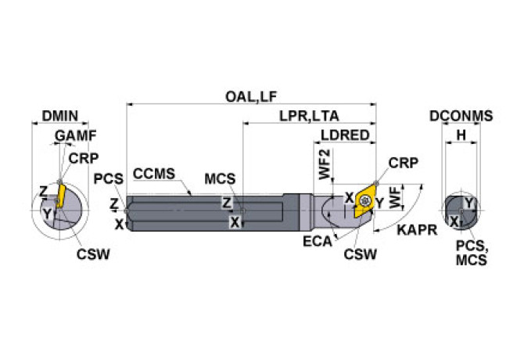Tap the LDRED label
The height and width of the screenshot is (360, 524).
click(x=345, y=135)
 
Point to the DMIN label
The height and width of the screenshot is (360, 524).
click(x=59, y=116)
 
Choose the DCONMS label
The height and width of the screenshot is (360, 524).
click(x=461, y=116)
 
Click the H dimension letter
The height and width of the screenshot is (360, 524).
click(x=461, y=135)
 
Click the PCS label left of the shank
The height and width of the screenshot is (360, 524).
click(x=109, y=179)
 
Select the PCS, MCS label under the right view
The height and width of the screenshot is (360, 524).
click(x=472, y=252)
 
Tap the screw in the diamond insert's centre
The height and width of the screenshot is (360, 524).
click(x=364, y=201)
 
